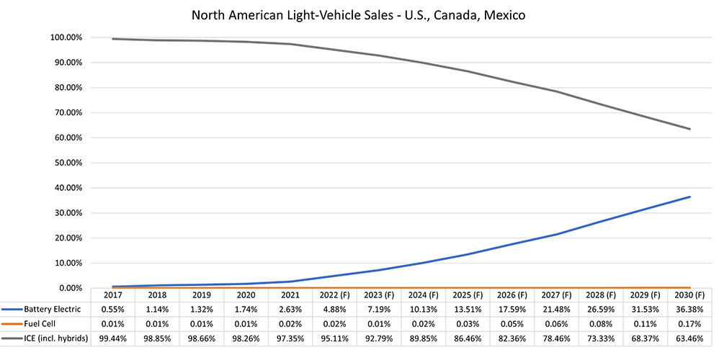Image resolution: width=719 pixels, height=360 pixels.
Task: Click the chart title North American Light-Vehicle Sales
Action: coord(359,14)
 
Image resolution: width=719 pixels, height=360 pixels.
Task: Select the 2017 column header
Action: coord(113,295)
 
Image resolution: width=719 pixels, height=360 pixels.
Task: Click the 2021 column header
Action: coord(290,295)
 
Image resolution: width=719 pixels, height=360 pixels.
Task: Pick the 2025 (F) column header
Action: coord(468,295)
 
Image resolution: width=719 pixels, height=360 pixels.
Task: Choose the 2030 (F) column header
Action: coord(689,295)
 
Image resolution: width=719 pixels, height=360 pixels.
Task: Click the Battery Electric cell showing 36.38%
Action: coord(689,308)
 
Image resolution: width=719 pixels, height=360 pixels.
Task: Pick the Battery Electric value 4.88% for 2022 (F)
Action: coord(335,308)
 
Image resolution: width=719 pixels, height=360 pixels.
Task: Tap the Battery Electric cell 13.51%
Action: coord(468,308)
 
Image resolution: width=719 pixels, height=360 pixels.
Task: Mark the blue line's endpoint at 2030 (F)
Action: coord(689,197)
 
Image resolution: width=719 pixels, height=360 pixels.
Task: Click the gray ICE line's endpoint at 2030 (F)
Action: coord(689,129)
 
